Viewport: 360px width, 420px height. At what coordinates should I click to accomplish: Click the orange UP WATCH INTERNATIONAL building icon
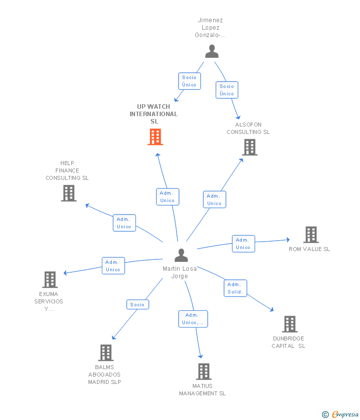(155, 137)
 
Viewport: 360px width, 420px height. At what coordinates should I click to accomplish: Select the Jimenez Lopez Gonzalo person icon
(212, 51)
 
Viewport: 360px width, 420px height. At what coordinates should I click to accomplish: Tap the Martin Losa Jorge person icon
(181, 255)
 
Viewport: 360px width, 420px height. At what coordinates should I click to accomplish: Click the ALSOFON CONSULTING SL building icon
(250, 147)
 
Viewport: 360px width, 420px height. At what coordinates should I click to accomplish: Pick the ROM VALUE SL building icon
(311, 235)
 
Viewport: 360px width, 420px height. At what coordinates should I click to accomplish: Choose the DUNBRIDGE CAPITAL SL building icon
(290, 324)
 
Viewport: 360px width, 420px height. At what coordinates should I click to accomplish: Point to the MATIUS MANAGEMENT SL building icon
(204, 372)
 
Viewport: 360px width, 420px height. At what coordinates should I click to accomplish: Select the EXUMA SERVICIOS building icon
(50, 280)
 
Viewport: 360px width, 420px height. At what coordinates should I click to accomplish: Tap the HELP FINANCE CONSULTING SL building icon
(69, 193)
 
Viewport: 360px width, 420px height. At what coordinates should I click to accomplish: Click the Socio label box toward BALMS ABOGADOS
(137, 305)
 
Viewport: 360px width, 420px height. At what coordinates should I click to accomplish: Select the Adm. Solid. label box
(235, 288)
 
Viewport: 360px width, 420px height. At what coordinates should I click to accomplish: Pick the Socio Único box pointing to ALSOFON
(227, 90)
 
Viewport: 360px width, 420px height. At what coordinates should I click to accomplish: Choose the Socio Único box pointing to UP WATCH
(189, 81)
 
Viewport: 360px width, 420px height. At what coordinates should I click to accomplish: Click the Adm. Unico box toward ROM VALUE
(243, 244)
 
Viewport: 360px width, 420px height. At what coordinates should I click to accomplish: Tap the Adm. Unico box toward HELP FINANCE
(124, 223)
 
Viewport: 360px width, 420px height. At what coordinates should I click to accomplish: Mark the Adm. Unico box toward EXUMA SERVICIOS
(113, 266)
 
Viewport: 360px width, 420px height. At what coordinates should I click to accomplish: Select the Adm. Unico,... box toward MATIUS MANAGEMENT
(193, 319)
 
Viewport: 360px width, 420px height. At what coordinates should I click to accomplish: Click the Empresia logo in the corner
(341, 414)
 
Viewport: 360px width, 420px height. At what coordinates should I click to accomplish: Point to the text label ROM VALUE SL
(309, 249)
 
